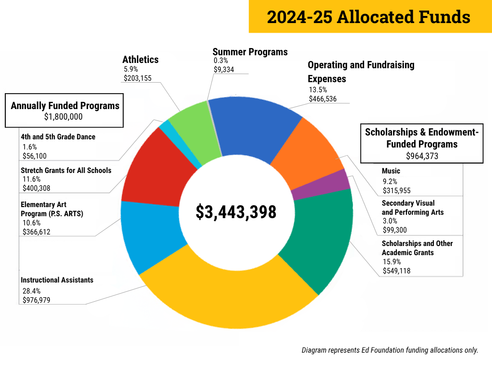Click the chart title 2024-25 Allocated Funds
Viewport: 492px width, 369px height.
click(x=369, y=17)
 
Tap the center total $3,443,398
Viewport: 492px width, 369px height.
click(x=236, y=212)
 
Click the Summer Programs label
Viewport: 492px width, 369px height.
click(x=250, y=52)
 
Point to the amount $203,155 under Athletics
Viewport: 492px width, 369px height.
click(x=137, y=78)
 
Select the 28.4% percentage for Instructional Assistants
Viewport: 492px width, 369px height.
click(x=32, y=291)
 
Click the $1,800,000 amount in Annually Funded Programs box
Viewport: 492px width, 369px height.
click(x=63, y=117)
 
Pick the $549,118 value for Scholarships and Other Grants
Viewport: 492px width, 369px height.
click(x=396, y=271)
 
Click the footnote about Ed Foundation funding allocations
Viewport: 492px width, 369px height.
click(x=390, y=350)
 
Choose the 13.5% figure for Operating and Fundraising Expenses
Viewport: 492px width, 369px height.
click(x=318, y=89)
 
